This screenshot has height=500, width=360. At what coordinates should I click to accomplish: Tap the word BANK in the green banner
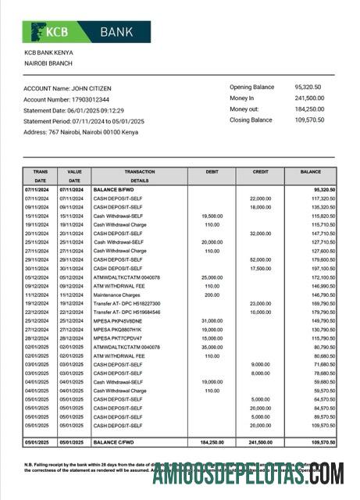coord(118,32)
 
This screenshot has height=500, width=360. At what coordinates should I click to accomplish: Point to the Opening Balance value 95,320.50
coord(308,87)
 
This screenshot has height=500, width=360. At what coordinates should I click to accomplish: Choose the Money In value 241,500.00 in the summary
coord(309,98)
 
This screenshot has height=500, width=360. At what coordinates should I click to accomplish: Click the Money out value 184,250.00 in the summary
coord(309,109)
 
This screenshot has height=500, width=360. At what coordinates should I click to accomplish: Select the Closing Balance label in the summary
coord(251,120)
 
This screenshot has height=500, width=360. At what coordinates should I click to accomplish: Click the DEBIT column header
coord(212,171)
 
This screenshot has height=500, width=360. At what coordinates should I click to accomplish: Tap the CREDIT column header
coord(261,171)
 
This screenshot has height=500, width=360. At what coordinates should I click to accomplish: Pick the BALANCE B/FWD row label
coord(116,190)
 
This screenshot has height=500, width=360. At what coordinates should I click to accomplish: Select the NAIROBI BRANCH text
coord(48,62)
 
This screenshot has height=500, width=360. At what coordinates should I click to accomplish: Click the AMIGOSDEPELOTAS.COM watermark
coord(248,474)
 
